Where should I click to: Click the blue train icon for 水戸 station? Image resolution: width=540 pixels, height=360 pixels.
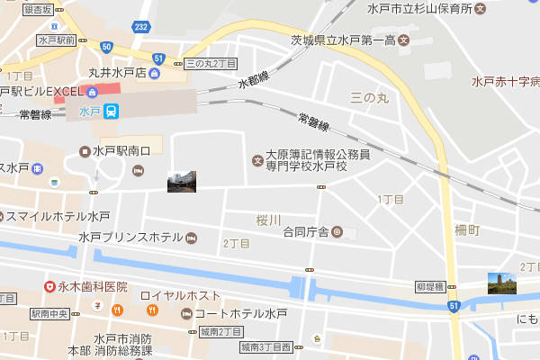(x=110, y=112)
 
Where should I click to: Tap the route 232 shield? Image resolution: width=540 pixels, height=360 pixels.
(x=140, y=29)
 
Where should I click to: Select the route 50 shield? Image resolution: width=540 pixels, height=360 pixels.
(x=107, y=46)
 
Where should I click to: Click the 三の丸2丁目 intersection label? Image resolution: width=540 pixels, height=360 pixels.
(x=210, y=64)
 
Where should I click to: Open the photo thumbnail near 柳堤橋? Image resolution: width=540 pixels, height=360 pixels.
(x=502, y=283)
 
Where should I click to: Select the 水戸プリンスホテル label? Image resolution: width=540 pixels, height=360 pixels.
(x=130, y=238)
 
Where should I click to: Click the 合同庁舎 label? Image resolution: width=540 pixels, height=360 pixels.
(x=306, y=232)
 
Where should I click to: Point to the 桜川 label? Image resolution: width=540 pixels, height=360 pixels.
(x=268, y=220)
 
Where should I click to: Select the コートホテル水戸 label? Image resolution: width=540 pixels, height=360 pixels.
(x=240, y=313)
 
